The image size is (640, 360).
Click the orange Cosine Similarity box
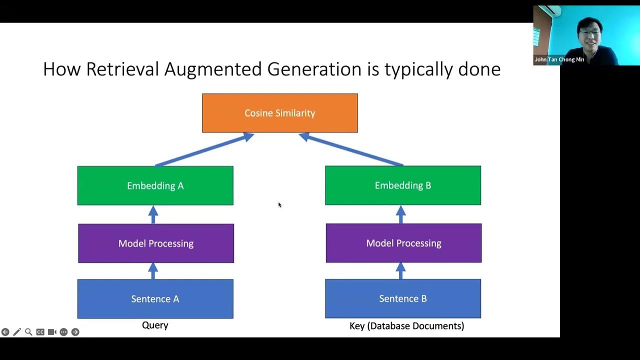(279, 113)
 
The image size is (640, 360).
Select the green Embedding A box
(155, 185)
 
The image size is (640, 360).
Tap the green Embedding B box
(402, 185)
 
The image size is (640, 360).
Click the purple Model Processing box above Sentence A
(155, 243)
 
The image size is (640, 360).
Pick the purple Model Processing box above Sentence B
(403, 243)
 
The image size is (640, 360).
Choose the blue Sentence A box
(155, 298)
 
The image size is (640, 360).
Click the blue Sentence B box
(402, 298)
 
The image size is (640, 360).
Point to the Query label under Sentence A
(155, 325)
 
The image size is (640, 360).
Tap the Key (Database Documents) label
(406, 326)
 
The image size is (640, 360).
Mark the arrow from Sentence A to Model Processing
(153, 271)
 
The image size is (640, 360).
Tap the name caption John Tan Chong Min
(559, 59)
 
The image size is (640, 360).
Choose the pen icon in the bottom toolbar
(17, 332)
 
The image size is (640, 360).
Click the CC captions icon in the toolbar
(40, 332)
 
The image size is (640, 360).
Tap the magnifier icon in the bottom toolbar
(28, 332)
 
